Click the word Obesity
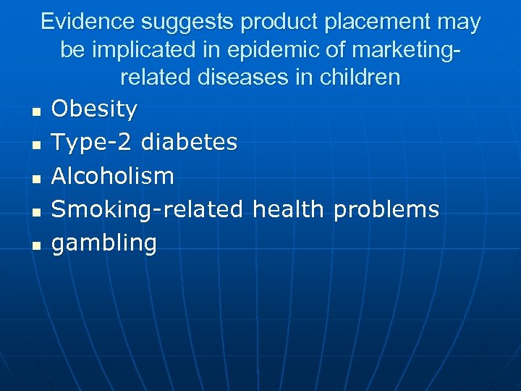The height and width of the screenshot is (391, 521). coord(94,109)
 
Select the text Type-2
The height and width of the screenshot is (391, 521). coord(92,143)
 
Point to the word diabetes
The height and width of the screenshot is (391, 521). coord(189,143)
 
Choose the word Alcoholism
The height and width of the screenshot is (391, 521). coord(113,176)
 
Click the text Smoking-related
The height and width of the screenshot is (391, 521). coord(148,209)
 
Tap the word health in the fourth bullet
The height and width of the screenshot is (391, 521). coord(288,209)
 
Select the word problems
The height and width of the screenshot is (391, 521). coord(386,209)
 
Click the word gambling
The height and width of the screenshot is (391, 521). coord(104,243)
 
